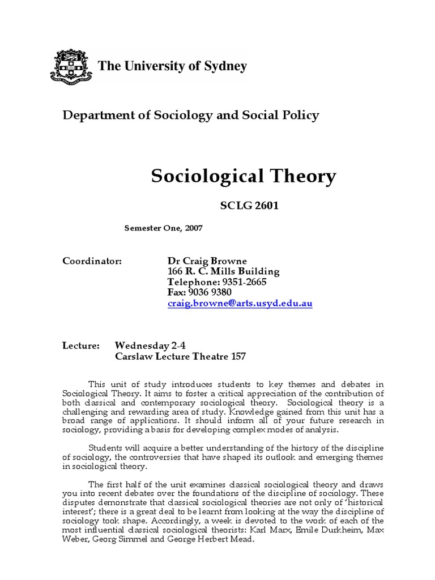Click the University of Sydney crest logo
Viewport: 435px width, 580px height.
tap(72, 67)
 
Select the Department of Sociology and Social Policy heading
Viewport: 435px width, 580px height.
tap(190, 116)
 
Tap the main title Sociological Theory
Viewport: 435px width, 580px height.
tap(243, 177)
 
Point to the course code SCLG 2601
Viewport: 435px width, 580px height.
tap(249, 206)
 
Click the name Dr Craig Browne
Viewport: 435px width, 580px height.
tap(207, 261)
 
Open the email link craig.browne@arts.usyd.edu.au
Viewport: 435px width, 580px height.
tap(240, 303)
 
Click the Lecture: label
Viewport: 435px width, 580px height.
tap(80, 346)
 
